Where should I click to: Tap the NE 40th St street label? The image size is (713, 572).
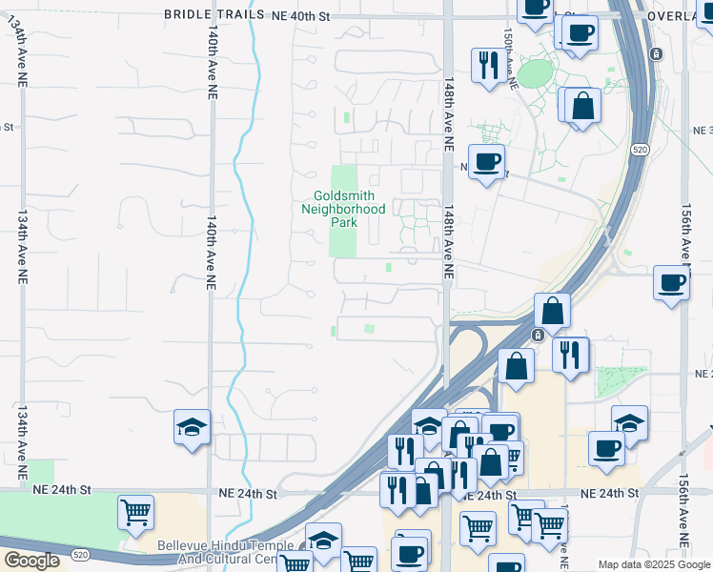(300, 14)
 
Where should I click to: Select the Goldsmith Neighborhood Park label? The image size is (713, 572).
(343, 209)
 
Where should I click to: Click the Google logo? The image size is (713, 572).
(31, 561)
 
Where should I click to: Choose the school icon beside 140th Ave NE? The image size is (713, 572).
(192, 428)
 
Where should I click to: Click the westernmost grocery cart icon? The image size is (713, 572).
(135, 511)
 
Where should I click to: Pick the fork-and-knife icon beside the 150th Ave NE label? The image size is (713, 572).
(489, 66)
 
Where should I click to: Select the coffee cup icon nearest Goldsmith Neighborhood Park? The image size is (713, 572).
(486, 162)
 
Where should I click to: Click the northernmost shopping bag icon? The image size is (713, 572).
(582, 105)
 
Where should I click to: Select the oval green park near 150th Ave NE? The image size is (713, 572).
(536, 72)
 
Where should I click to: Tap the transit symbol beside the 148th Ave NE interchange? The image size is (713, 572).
(538, 335)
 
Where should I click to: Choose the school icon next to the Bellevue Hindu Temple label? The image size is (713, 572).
(323, 541)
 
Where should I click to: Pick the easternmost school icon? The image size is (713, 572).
(630, 422)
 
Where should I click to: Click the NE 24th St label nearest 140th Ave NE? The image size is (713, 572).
(248, 494)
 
